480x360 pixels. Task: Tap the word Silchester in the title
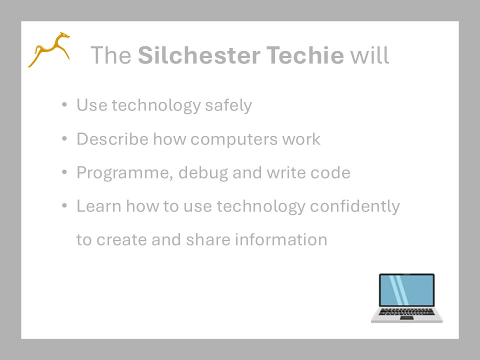(x=199, y=55)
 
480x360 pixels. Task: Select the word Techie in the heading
(x=305, y=55)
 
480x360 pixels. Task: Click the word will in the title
(x=370, y=55)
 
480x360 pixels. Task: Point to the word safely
(x=228, y=106)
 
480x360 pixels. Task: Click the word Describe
(x=112, y=139)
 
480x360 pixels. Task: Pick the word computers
(x=234, y=140)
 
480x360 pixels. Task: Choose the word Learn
(x=99, y=206)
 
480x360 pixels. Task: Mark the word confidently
(x=355, y=206)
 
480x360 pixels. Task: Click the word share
(x=208, y=239)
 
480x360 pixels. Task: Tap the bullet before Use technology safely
(x=64, y=105)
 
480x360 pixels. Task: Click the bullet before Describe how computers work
(x=64, y=138)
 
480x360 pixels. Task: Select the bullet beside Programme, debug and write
(x=64, y=172)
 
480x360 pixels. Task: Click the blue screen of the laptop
(x=407, y=290)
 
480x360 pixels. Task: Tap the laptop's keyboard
(x=407, y=312)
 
